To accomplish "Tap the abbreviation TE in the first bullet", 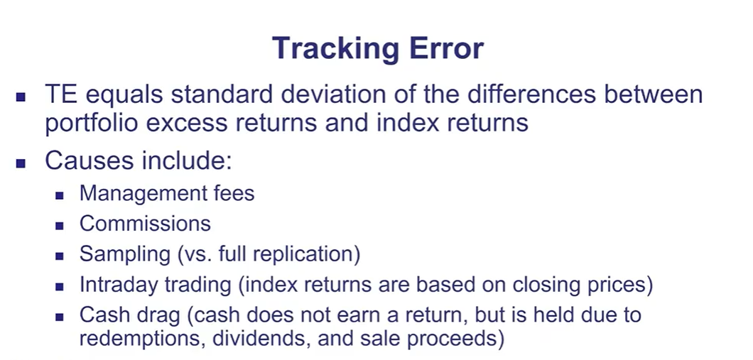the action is point(61,94).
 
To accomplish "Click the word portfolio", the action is point(92,123).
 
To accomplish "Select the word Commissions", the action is point(145,224).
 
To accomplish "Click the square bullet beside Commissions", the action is point(60,226).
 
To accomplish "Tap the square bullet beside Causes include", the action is point(21,164).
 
